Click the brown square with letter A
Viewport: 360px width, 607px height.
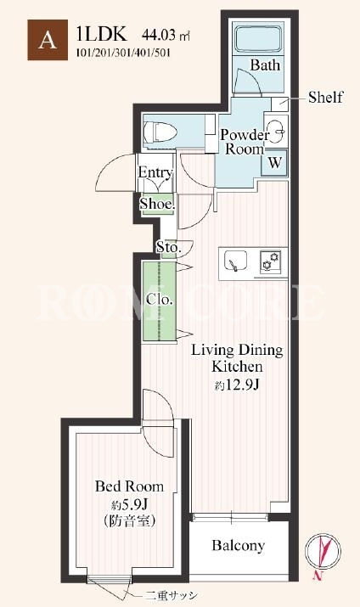(48, 40)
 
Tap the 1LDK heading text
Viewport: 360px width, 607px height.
(101, 34)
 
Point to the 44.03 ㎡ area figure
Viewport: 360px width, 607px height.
(166, 36)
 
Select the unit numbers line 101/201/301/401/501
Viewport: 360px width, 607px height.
(123, 53)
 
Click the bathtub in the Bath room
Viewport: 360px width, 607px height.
(258, 39)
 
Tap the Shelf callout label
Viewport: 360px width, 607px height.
(325, 97)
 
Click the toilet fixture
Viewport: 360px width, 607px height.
(160, 132)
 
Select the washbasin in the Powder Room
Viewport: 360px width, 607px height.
(276, 131)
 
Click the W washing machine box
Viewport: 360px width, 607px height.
(275, 163)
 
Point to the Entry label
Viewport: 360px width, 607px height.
(155, 172)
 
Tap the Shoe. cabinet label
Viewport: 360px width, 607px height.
(157, 204)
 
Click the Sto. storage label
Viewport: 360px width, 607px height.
(169, 247)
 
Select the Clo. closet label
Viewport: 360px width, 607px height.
(159, 300)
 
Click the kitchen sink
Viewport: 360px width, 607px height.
(235, 261)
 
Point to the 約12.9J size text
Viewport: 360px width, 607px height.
(237, 385)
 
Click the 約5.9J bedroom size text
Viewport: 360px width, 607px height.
(129, 504)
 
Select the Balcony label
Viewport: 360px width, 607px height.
(239, 545)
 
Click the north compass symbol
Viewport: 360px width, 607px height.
(323, 551)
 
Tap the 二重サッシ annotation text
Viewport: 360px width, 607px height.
(172, 595)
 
